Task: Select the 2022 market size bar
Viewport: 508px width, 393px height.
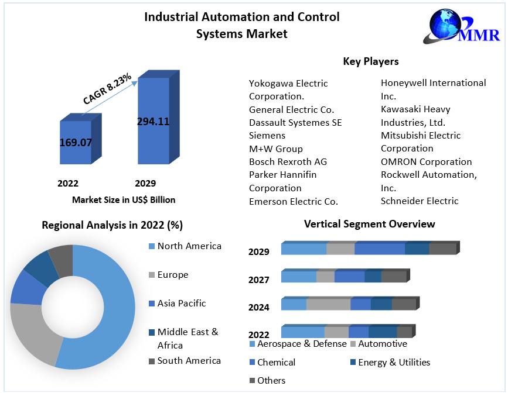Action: pyautogui.click(x=76, y=143)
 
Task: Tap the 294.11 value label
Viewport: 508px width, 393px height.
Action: pyautogui.click(x=153, y=122)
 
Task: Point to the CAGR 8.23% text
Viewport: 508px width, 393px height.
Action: pyautogui.click(x=107, y=89)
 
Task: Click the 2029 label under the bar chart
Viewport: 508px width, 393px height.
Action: pyautogui.click(x=145, y=183)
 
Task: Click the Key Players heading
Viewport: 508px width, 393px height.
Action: pyautogui.click(x=371, y=61)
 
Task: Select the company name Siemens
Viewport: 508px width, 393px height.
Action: pyautogui.click(x=267, y=135)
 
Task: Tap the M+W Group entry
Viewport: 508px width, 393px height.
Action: pyautogui.click(x=276, y=149)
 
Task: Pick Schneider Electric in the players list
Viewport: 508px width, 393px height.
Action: pyautogui.click(x=420, y=201)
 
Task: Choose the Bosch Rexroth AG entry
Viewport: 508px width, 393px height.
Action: pyautogui.click(x=288, y=161)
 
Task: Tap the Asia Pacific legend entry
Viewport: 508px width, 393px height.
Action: pyautogui.click(x=181, y=303)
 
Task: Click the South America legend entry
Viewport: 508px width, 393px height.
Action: pyautogui.click(x=189, y=360)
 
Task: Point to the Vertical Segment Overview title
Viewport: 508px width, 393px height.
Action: pyautogui.click(x=369, y=224)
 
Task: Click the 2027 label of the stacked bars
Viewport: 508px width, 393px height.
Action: pyautogui.click(x=258, y=280)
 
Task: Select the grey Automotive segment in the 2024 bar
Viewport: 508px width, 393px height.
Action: pyautogui.click(x=328, y=304)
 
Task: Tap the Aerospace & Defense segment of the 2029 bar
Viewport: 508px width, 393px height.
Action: pyautogui.click(x=304, y=249)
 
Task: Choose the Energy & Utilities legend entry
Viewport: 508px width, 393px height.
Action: pyautogui.click(x=394, y=363)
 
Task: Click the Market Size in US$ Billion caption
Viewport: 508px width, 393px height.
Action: pyautogui.click(x=124, y=199)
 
